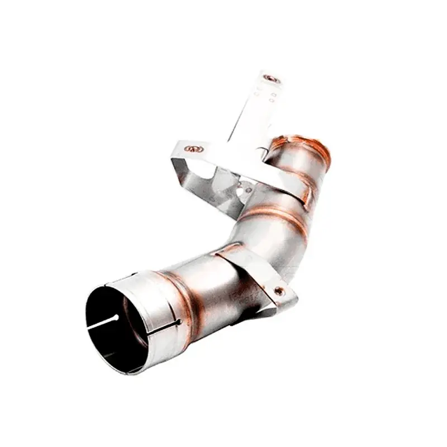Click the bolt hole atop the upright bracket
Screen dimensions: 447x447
[272, 79]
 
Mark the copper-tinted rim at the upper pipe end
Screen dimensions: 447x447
[306, 143]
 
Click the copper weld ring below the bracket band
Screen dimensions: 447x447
[279, 215]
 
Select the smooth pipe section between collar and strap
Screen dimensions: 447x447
[212, 285]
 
